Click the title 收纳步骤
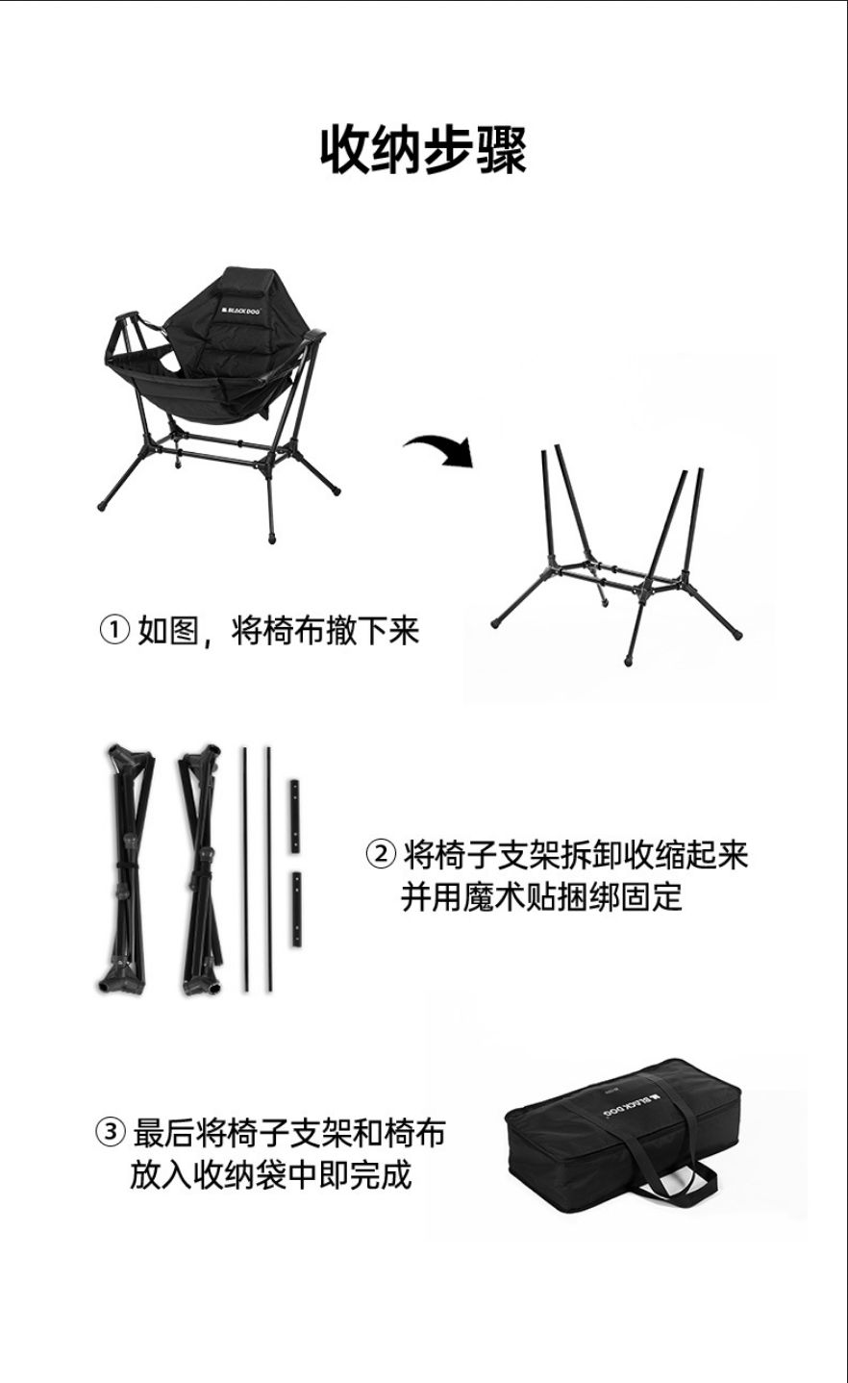pos(423,150)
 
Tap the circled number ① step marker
pos(114,630)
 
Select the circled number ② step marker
pos(381,854)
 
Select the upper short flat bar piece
pos(295,817)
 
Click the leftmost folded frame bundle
pos(126,869)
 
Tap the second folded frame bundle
pos(202,869)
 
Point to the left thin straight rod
pos(245,870)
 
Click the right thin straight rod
pos(268,870)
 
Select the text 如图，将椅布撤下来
pos(279,631)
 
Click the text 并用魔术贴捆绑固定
pos(541,897)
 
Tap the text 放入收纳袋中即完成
pos(270,1175)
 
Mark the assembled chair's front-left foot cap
pos(103,506)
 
